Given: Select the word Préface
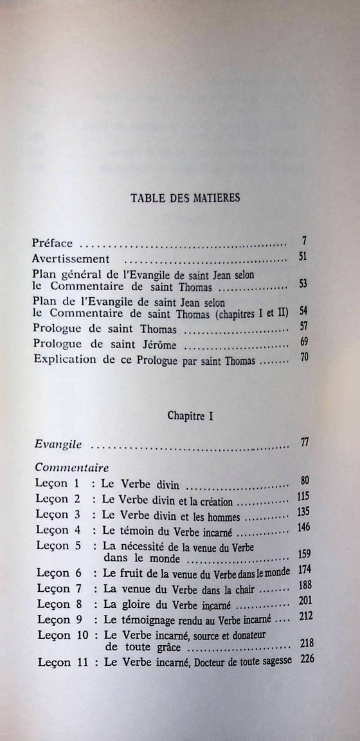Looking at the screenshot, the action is [x=53, y=244].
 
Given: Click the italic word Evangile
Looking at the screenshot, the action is [x=57, y=444].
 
